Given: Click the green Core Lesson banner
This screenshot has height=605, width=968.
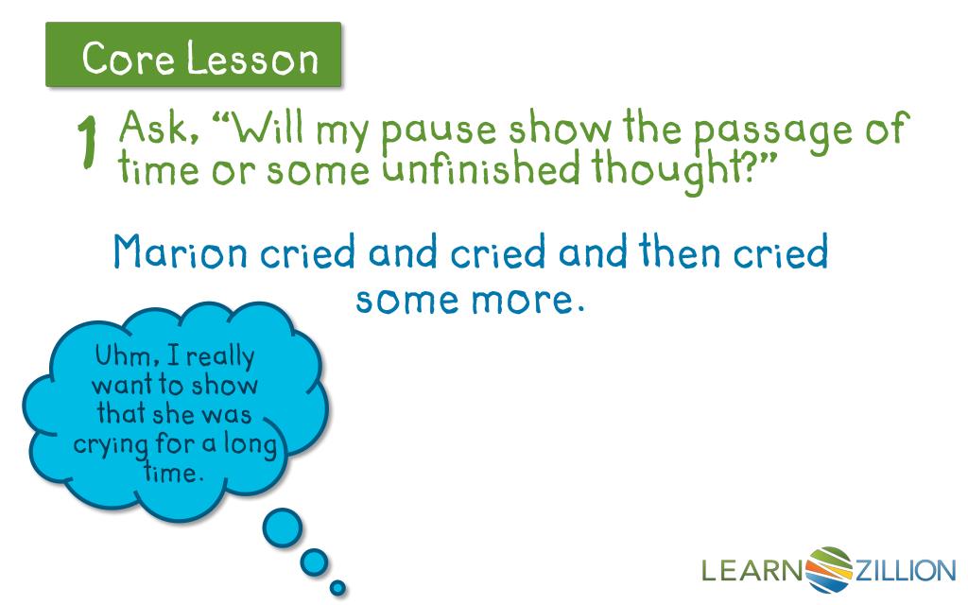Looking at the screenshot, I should coord(193,58).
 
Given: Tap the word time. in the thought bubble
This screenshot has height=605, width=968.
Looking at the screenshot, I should coord(175,471).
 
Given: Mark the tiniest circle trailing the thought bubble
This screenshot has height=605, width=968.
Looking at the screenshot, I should coord(337,588).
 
